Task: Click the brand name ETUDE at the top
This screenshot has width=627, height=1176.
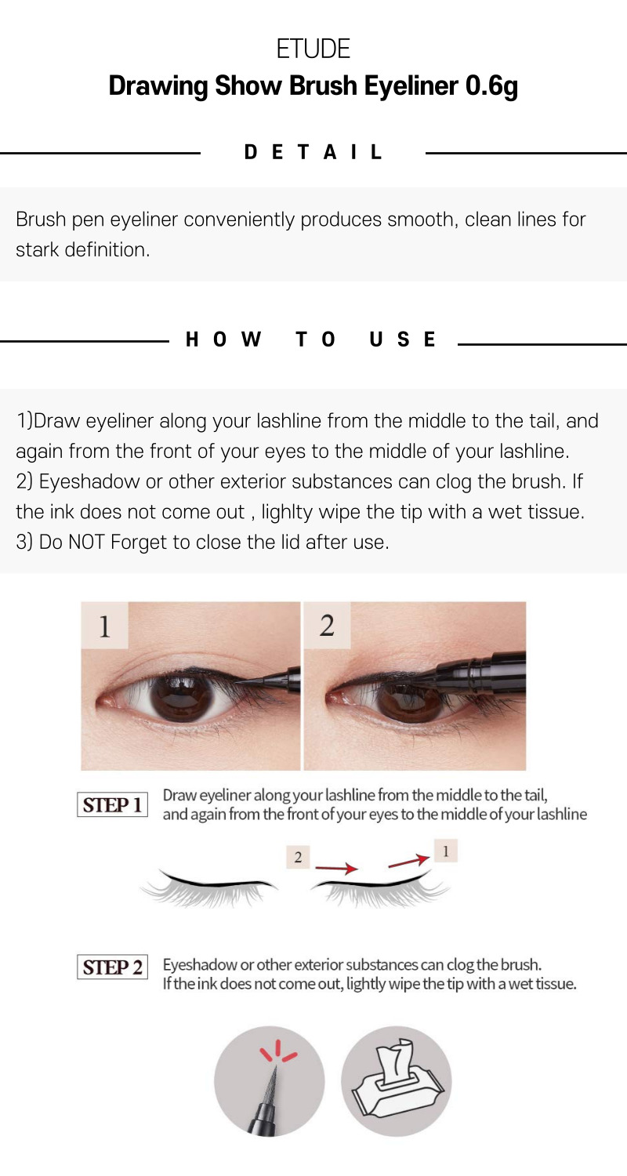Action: coord(313,49)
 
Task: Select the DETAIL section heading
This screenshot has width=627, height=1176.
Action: coord(313,152)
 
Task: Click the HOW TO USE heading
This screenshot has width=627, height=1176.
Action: coord(310,339)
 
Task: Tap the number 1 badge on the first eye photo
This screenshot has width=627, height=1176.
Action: coord(105,626)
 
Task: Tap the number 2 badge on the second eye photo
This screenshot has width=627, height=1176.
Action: coord(327,626)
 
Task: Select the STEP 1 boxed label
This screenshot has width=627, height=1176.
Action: coord(112,805)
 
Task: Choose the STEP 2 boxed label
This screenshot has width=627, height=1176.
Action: coord(112,967)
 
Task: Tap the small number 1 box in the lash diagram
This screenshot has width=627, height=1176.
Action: coord(446,851)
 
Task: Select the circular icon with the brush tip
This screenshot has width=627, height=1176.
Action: coord(269,1081)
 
